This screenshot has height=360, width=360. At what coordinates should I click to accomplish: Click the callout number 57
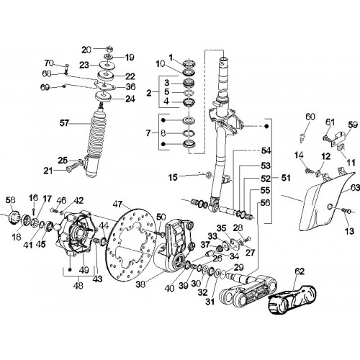coord(64,123)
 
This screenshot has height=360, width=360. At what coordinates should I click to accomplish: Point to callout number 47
coord(117,204)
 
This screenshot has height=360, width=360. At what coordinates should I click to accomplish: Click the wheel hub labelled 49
coord(74,232)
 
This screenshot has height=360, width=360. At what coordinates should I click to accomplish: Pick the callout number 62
coord(300,271)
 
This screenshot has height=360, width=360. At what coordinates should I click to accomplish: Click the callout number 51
coord(286,178)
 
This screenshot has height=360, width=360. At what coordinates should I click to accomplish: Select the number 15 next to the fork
coord(173,178)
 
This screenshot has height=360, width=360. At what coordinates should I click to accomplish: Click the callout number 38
coord(141,284)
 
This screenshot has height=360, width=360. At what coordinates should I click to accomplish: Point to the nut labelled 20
coord(109,49)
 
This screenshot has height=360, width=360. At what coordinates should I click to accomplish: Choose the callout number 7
coord(149,133)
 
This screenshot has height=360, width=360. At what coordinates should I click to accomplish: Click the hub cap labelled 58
coord(14,217)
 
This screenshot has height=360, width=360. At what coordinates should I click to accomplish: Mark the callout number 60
coord(310,117)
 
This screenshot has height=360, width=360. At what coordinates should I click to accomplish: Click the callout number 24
coord(130,99)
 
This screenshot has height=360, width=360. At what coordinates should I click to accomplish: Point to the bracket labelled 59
coord(338,138)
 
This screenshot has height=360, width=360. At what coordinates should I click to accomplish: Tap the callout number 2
coord(149,93)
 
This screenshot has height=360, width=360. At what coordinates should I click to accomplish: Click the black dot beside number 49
coord(70,269)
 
